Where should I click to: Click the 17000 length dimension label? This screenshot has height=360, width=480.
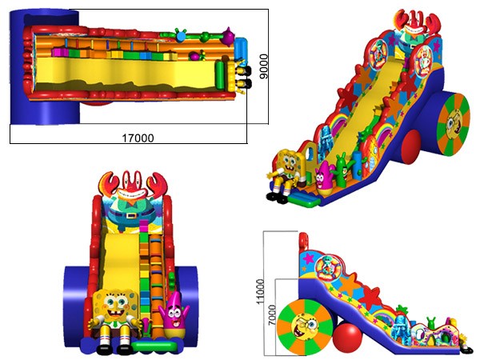[138, 138]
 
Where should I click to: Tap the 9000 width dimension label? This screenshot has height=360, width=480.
[263, 66]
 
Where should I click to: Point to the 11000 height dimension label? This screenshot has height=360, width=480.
[260, 292]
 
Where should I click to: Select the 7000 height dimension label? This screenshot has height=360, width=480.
[271, 315]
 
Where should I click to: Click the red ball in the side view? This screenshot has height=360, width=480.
[347, 336]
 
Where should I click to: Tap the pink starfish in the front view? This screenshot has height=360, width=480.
[174, 315]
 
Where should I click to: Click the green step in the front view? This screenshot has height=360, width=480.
[154, 346]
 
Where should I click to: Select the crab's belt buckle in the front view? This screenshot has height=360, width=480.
[132, 215]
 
